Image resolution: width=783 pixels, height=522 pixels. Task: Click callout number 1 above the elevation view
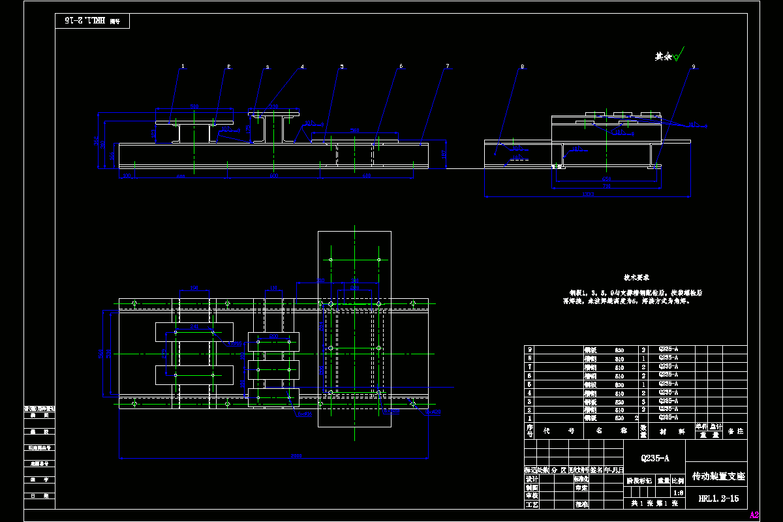coord(183,66)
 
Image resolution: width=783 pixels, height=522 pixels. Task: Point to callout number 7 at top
coord(447,66)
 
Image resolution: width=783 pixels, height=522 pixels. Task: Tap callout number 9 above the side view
coord(693,66)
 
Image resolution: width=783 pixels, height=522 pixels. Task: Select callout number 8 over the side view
coord(522,66)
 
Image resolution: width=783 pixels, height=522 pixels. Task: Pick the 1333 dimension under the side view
coord(588,193)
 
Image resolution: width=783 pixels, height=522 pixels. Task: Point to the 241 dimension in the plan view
coord(194,326)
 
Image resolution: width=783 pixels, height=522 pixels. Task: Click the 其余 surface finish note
coord(664,57)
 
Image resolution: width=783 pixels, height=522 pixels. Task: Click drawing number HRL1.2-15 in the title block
coord(718,499)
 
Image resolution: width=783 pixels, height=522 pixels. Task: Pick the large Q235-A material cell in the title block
coord(655,458)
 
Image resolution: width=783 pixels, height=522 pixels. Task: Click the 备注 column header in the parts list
coord(735,431)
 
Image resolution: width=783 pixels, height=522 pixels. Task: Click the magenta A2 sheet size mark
coord(754,515)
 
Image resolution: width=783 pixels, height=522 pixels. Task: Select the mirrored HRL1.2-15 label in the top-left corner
coord(84,21)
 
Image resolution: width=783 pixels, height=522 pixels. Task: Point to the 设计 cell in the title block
coord(531,478)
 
